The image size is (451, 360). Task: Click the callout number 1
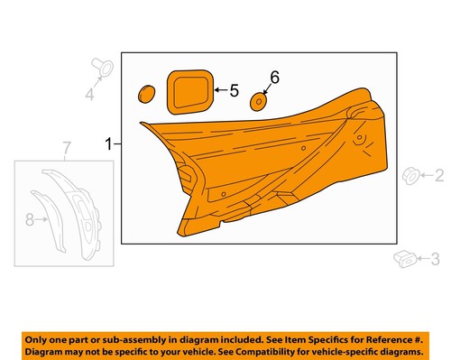pos(109,143)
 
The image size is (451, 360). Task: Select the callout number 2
pos(440,175)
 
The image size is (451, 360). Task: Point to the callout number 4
pos(89,94)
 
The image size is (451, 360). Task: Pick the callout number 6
pos(275,78)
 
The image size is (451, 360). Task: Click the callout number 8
pos(30,218)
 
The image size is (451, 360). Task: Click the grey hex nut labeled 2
pos(407,175)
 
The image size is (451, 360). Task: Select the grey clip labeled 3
pos(401,261)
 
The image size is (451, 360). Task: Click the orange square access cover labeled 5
pos(189,90)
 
